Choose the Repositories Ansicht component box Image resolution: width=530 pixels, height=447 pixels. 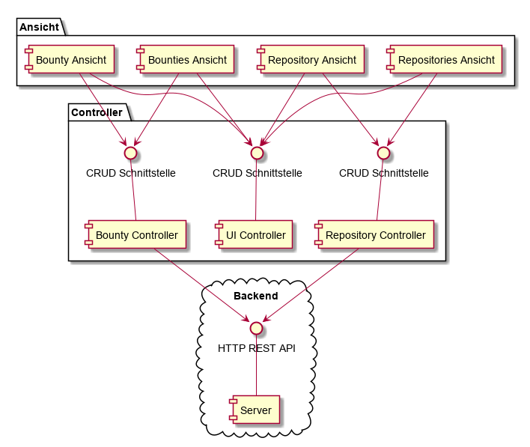click(x=441, y=60)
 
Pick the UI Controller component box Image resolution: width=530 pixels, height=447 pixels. click(x=252, y=235)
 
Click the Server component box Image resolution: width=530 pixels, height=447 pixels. click(x=255, y=410)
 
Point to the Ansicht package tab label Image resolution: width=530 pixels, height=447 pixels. click(x=40, y=27)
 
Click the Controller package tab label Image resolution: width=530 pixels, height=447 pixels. click(x=97, y=112)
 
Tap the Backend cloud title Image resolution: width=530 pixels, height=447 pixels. click(x=256, y=296)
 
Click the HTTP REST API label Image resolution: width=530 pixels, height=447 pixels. click(x=257, y=348)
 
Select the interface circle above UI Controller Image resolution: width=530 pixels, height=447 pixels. click(x=257, y=152)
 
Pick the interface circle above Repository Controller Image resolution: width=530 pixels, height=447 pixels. click(x=383, y=152)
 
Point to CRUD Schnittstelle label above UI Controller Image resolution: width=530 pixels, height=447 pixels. click(x=257, y=173)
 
